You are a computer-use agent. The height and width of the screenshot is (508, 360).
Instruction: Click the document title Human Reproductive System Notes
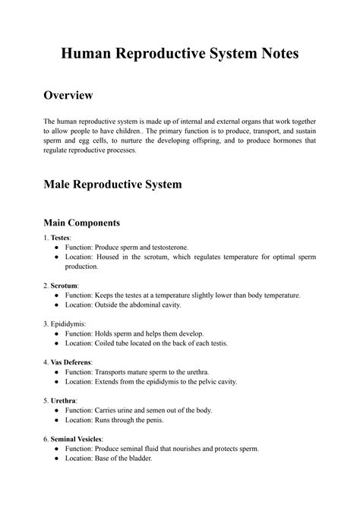(x=180, y=54)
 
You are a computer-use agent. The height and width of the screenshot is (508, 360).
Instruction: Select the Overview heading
(x=68, y=95)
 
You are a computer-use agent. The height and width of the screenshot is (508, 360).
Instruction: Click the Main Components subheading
(x=82, y=223)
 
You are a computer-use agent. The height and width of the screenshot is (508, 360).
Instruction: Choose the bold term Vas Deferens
(x=73, y=362)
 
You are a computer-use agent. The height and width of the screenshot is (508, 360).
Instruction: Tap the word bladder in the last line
(x=139, y=459)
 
